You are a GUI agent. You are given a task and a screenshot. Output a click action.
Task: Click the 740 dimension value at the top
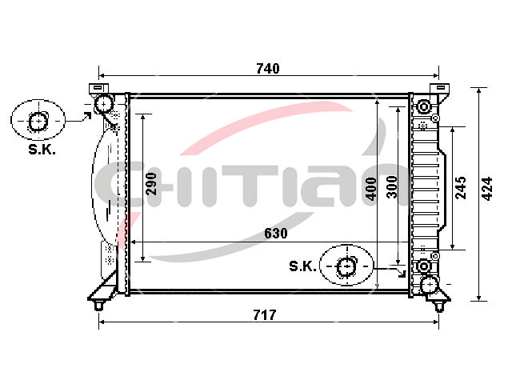click(268, 69)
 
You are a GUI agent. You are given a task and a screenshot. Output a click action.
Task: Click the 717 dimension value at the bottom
click(265, 315)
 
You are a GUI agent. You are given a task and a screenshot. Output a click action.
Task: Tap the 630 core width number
click(275, 233)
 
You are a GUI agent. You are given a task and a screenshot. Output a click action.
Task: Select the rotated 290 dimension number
click(151, 184)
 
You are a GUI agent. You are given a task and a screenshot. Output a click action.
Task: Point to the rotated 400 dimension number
click(371, 189)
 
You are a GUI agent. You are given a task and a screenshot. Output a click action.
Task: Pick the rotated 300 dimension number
click(391, 186)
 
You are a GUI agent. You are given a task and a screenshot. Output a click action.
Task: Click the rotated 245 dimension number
click(461, 188)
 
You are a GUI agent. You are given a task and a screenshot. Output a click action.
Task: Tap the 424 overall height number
click(487, 189)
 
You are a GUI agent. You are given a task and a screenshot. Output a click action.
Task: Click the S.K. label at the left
click(42, 150)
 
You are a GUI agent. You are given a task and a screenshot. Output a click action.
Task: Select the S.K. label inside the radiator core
click(302, 266)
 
